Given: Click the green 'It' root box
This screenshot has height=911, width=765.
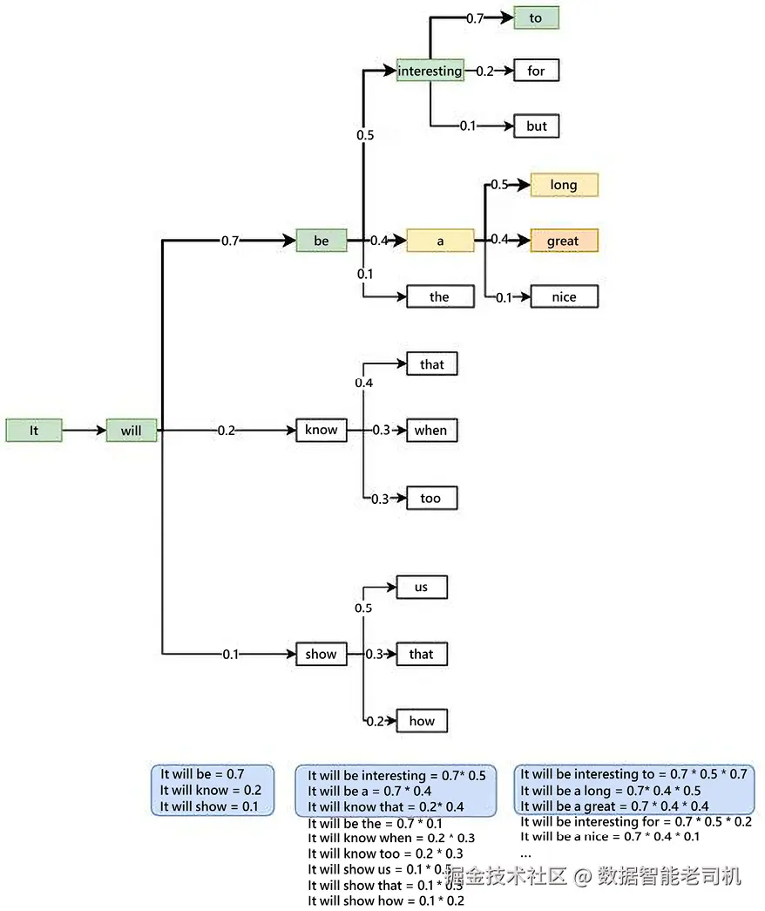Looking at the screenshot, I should click(34, 431).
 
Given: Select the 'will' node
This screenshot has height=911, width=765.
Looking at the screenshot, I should click(132, 431).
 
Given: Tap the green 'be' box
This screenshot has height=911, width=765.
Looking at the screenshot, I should click(322, 240).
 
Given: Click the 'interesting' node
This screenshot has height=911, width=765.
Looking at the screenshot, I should click(430, 71).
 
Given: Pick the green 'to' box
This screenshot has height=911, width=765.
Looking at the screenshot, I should click(536, 18).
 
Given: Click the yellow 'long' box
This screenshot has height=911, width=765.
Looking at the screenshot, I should click(565, 185).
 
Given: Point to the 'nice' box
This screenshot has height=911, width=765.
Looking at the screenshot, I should click(565, 296).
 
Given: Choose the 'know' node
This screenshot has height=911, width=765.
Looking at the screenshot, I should click(322, 430).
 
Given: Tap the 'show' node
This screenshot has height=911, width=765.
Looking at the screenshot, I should click(322, 654).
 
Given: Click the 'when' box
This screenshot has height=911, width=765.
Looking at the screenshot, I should click(431, 430).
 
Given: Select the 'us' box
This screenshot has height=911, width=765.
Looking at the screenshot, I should click(422, 587).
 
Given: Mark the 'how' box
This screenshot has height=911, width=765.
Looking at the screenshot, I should click(422, 721).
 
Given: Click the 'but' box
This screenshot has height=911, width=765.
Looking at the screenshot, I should click(537, 126).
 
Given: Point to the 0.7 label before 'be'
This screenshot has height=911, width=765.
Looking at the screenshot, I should click(230, 240).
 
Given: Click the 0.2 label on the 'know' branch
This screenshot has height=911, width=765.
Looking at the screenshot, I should click(227, 431).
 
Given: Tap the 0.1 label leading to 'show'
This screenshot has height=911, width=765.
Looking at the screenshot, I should click(230, 654).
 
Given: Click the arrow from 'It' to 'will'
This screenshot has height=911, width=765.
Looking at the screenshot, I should click(84, 431).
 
